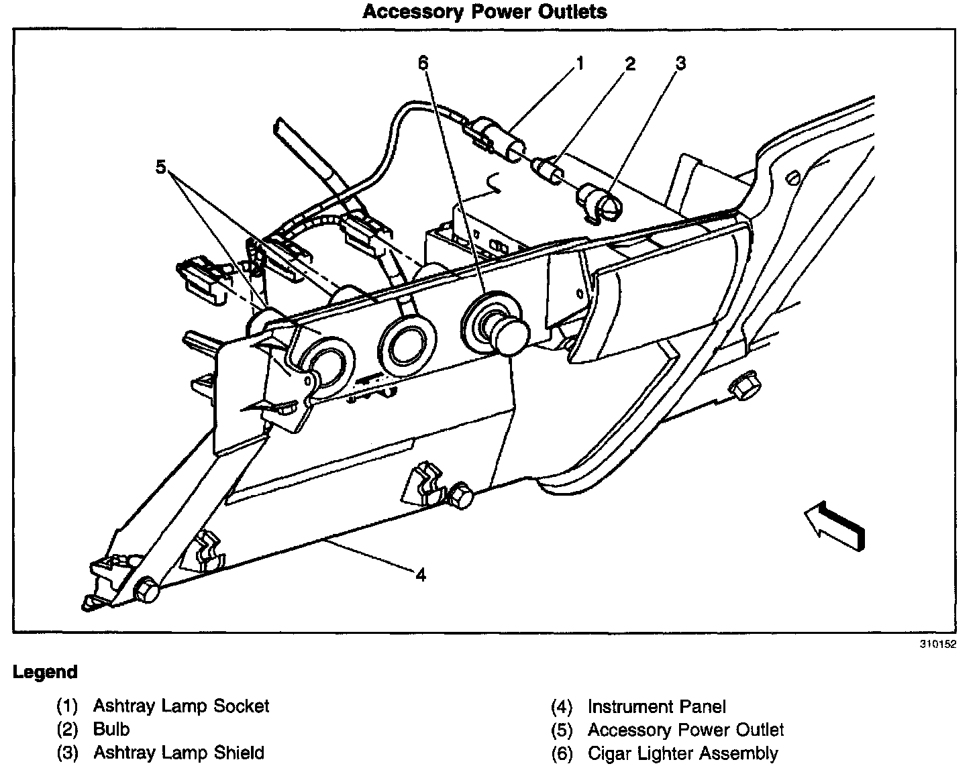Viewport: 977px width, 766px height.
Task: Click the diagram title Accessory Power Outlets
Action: (484, 12)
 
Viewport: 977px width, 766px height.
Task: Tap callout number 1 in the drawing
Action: (579, 64)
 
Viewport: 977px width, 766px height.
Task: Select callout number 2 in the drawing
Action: (629, 64)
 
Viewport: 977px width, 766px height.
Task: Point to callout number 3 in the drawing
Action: (680, 64)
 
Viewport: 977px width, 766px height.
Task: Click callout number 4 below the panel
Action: (421, 575)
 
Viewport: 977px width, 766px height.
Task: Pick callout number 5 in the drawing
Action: (160, 166)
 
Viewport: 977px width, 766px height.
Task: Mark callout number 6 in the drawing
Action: (423, 63)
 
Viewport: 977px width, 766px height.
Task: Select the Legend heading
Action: (46, 672)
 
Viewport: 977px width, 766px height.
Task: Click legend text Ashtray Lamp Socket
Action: (181, 706)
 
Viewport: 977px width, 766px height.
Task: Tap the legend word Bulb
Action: (111, 729)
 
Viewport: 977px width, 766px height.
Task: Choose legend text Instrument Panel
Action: (657, 707)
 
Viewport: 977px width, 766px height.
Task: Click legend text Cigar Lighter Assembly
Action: (682, 754)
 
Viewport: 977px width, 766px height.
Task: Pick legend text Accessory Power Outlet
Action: (686, 730)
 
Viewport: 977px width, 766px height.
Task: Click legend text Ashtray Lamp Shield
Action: (178, 753)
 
